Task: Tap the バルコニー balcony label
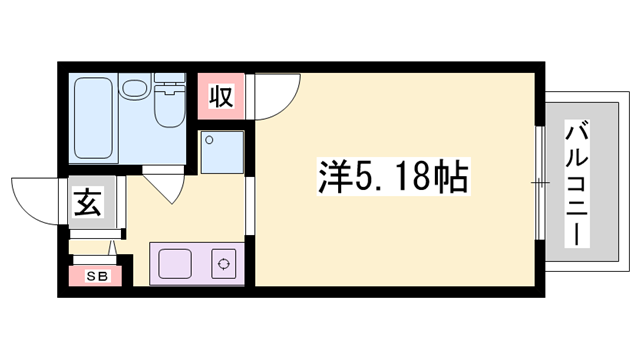[577, 185]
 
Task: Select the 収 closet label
[221, 98]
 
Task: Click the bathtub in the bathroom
[94, 117]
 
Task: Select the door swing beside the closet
[272, 95]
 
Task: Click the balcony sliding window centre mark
[540, 183]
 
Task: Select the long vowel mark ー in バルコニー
[577, 236]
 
